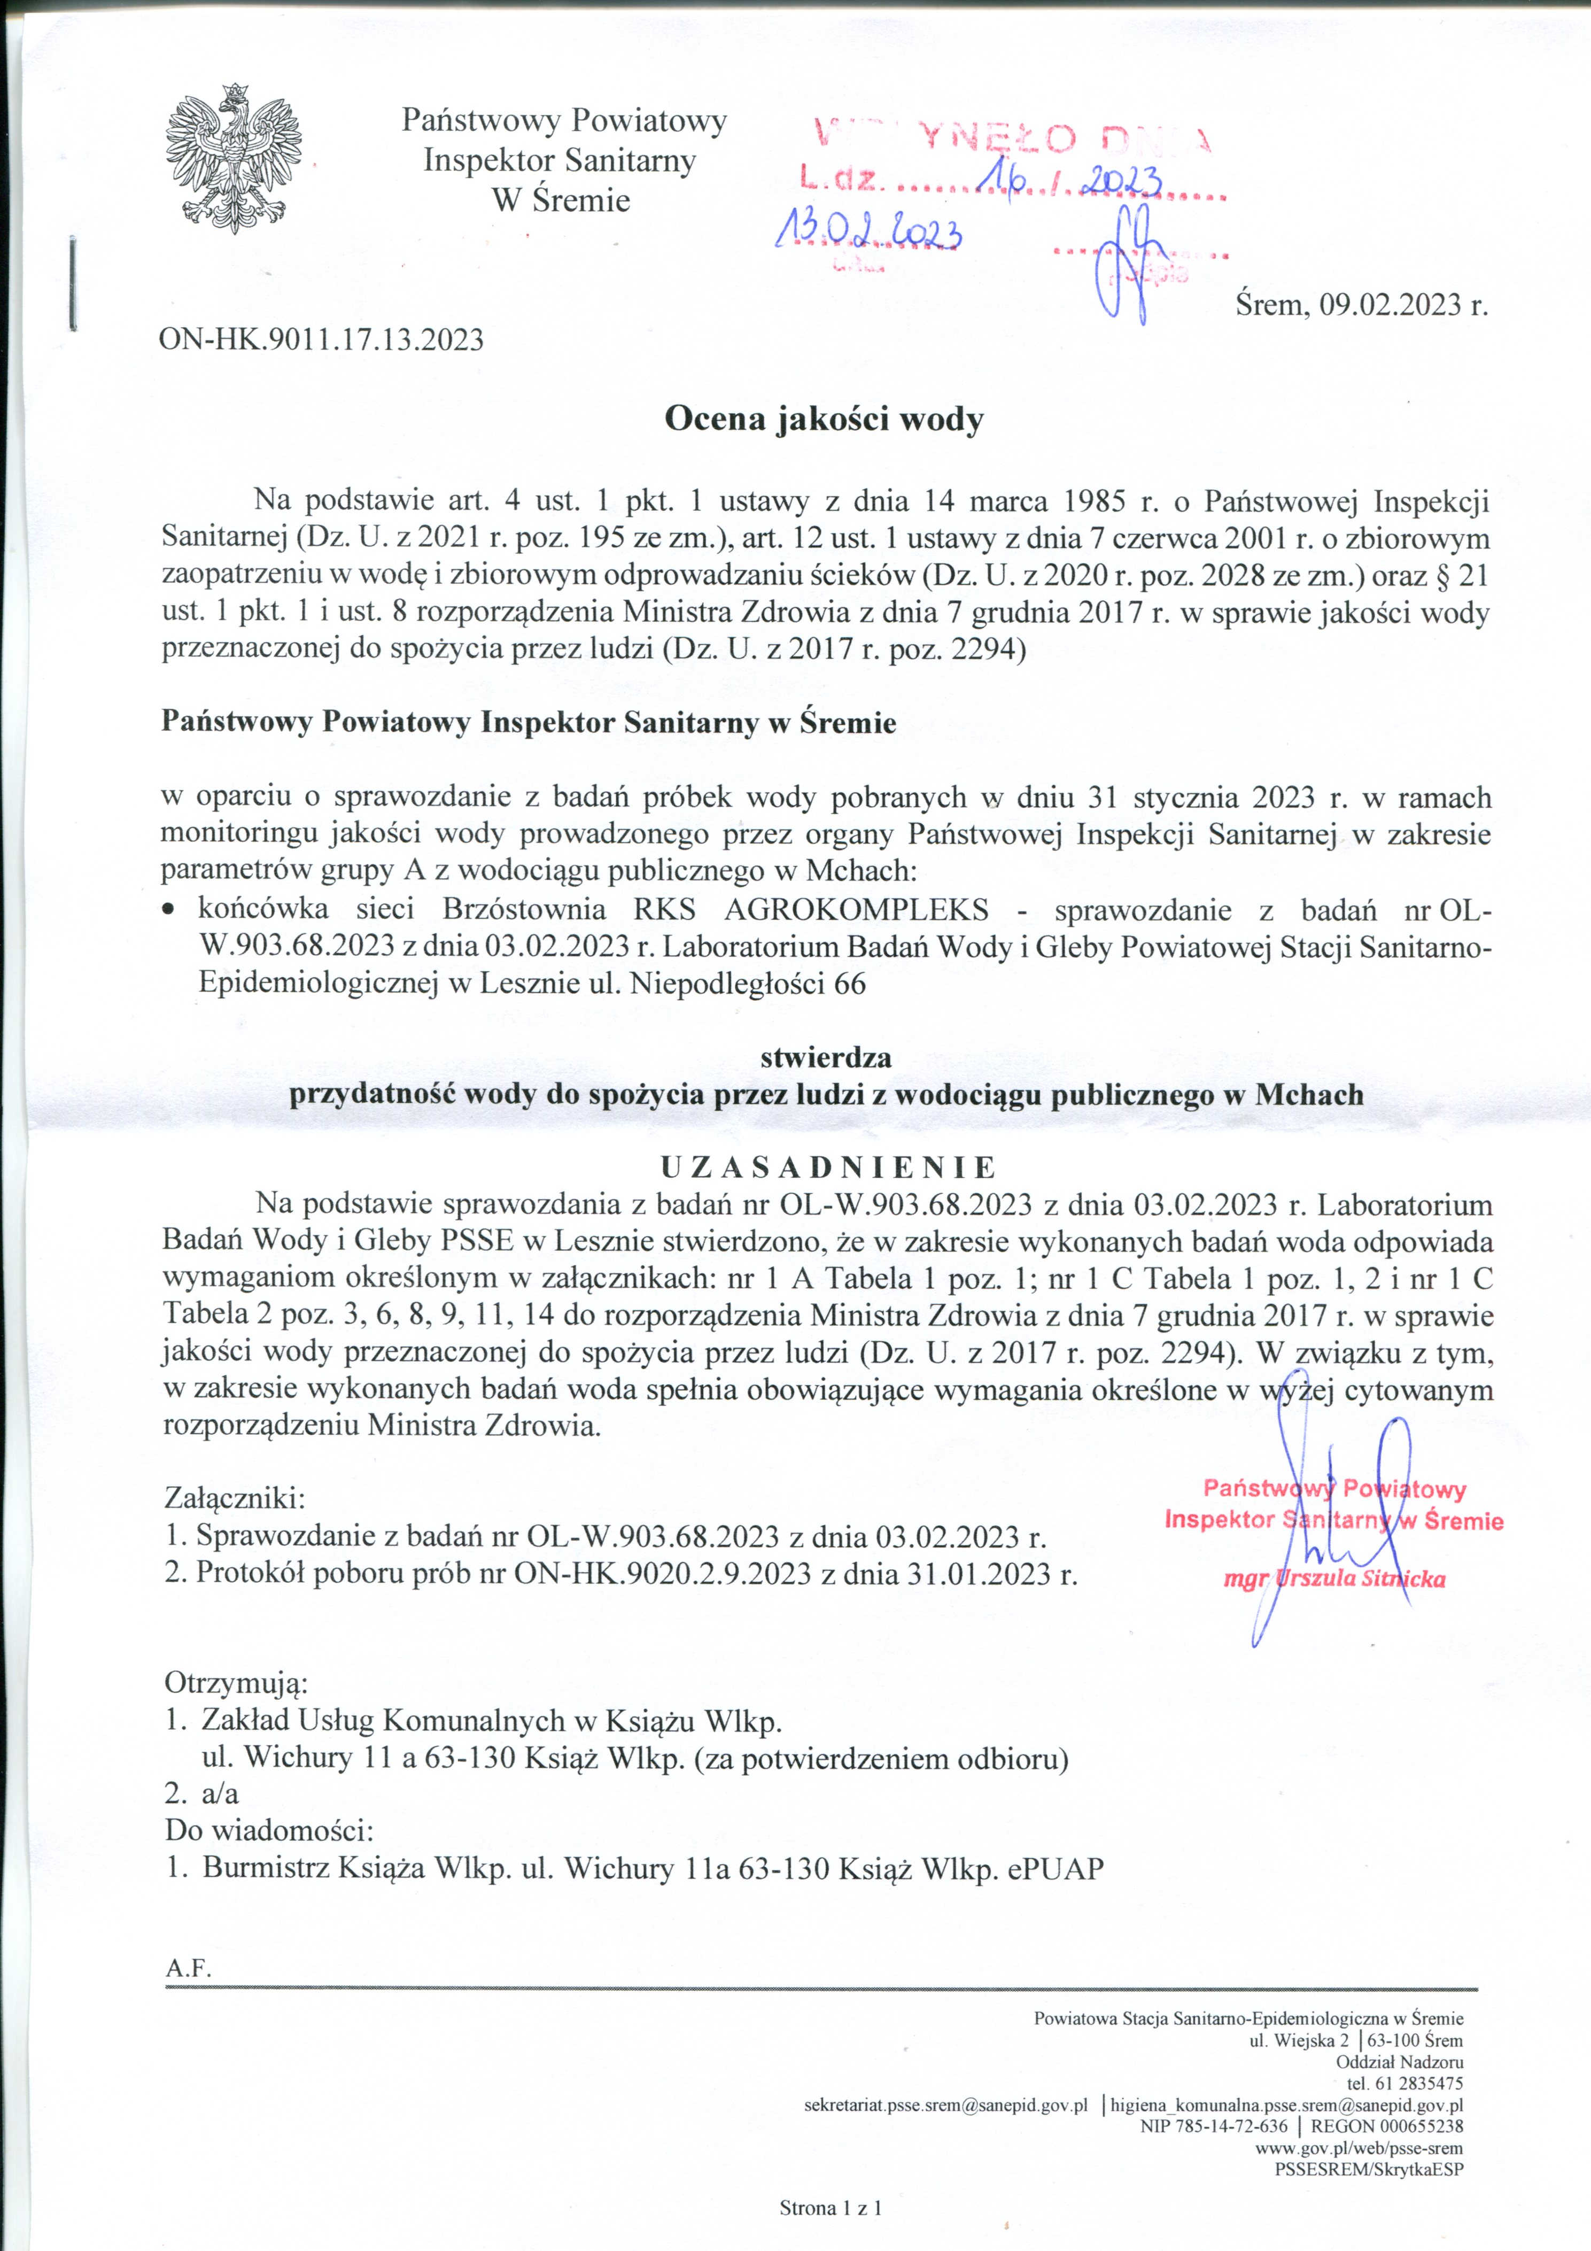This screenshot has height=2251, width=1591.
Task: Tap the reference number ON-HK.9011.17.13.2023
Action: click(322, 339)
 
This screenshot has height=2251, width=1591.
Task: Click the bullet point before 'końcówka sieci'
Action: click(170, 911)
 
